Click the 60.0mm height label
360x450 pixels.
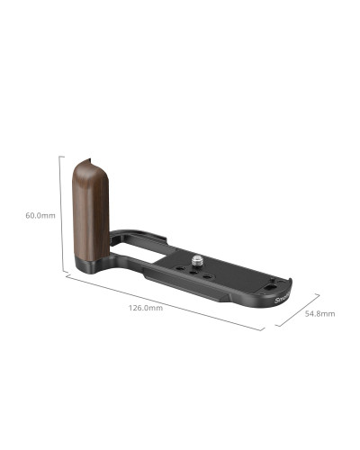pyautogui.click(x=40, y=215)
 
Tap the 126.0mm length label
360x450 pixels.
pyautogui.click(x=146, y=308)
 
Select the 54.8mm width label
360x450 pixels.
pyautogui.click(x=319, y=313)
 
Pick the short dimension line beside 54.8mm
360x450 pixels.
pyautogui.click(x=298, y=310)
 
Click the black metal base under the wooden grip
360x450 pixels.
pyautogui.click(x=94, y=267)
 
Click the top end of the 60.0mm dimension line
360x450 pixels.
pyautogui.click(x=60, y=156)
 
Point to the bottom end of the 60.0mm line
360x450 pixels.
pyautogui.click(x=60, y=271)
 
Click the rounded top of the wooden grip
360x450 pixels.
pyautogui.click(x=90, y=162)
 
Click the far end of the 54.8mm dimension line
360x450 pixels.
pyautogui.click(x=320, y=294)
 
